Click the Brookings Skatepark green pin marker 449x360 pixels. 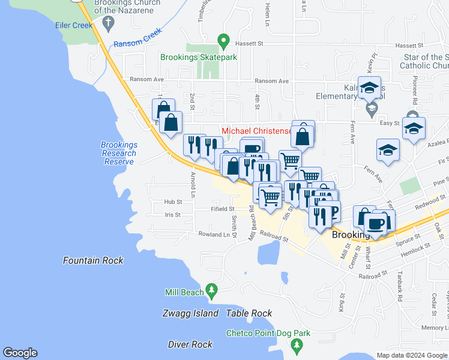click(224, 41)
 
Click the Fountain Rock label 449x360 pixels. click(94, 260)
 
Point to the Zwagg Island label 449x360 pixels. click(190, 313)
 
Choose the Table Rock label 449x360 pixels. click(249, 313)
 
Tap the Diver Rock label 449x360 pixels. click(190, 344)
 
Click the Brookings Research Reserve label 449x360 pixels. click(119, 154)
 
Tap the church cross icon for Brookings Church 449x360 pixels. click(109, 24)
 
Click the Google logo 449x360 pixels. click(20, 353)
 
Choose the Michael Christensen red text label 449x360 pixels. click(256, 131)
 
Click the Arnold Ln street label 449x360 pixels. click(193, 185)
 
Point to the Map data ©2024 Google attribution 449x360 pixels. click(411, 355)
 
